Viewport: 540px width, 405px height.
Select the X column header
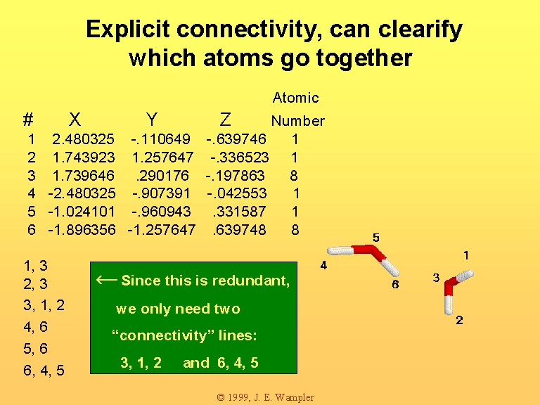(75, 120)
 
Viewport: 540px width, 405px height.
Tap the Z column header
(225, 120)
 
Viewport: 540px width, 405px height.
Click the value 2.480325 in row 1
(83, 139)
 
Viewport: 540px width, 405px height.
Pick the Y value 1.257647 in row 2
(162, 157)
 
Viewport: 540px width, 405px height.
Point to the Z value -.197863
(236, 176)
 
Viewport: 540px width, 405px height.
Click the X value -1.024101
(82, 212)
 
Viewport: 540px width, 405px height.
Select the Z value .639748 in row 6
(239, 230)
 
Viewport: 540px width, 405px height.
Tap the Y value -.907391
(161, 193)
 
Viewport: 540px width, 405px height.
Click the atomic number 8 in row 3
(294, 176)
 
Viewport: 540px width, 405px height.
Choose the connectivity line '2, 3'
(35, 284)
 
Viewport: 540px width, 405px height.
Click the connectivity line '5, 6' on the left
(35, 349)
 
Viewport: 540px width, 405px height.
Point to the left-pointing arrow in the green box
(106, 280)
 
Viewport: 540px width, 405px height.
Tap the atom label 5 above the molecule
(376, 238)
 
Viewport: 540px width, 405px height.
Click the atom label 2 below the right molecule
(459, 321)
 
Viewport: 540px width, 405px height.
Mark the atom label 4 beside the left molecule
(323, 265)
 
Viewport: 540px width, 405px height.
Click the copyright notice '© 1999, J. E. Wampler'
(266, 397)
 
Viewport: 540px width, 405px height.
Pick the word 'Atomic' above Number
(295, 98)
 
